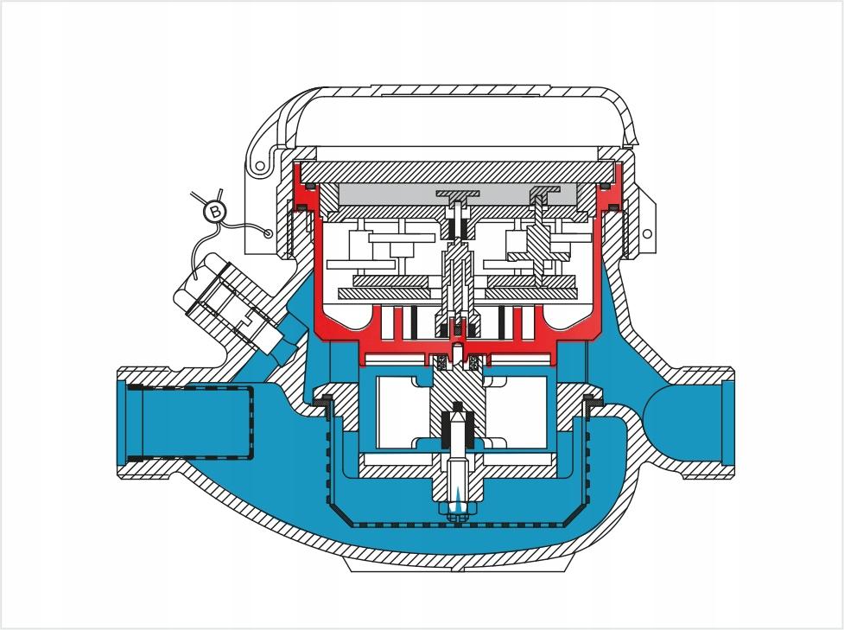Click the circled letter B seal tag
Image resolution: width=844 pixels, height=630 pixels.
click(x=215, y=211)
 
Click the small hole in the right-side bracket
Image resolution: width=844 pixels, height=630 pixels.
click(x=648, y=233)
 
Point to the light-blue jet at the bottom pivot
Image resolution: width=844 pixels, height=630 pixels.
click(x=457, y=504)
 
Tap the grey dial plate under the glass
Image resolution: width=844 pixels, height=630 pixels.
click(x=458, y=194)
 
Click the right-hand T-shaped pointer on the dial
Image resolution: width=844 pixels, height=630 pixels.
click(x=544, y=195)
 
